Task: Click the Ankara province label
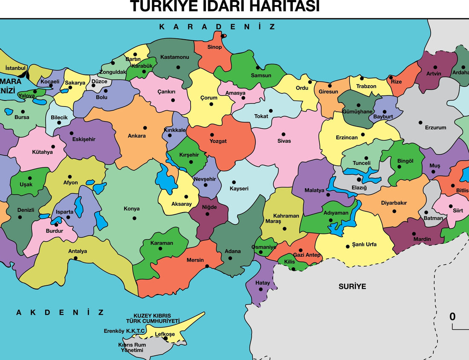[x=136, y=136]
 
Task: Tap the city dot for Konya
[x=134, y=218]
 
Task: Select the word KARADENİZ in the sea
[x=217, y=27]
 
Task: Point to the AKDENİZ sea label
[x=60, y=312]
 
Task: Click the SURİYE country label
[x=352, y=286]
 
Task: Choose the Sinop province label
[x=214, y=47]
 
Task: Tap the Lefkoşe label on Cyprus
[x=165, y=334]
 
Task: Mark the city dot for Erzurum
[x=420, y=122]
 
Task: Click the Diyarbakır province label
[x=394, y=203]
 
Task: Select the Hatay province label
[x=262, y=283]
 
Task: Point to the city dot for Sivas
[x=284, y=134]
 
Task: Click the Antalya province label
[x=78, y=251]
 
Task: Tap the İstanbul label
[x=16, y=68]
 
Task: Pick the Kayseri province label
[x=239, y=188]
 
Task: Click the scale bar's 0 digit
[x=452, y=317]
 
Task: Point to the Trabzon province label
[x=366, y=86]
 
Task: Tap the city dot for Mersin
[x=207, y=267]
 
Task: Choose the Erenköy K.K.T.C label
[x=124, y=331]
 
